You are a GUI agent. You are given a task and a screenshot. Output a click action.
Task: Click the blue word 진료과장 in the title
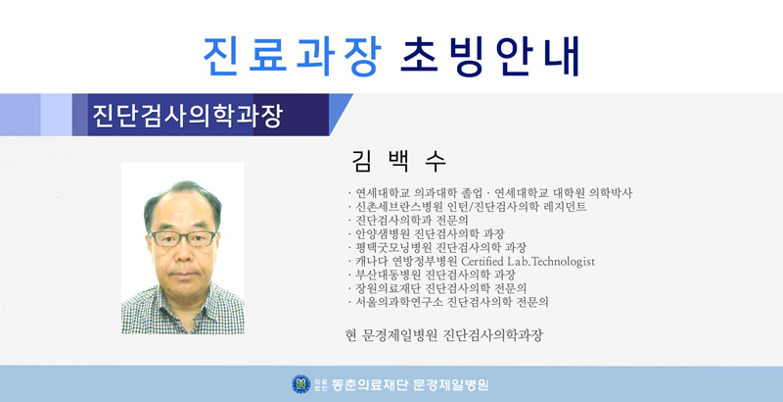pyautogui.click(x=293, y=56)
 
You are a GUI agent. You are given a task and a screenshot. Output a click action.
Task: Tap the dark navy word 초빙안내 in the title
pyautogui.click(x=491, y=56)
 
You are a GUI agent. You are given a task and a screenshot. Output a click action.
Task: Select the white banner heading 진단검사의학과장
pyautogui.click(x=188, y=116)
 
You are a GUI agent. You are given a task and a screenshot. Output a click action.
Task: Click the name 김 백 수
pyautogui.click(x=398, y=161)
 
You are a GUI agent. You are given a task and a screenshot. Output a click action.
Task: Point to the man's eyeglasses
pyautogui.click(x=183, y=238)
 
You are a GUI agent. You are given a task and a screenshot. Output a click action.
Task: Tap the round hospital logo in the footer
pyautogui.click(x=301, y=384)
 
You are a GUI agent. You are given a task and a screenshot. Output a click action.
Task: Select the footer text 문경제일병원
pyautogui.click(x=451, y=384)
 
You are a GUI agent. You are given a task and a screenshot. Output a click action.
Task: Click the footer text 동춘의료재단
pyautogui.click(x=370, y=384)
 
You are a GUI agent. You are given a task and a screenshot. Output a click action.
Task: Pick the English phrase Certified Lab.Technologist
pyautogui.click(x=528, y=262)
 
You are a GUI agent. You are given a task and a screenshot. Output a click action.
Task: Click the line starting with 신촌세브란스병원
pyautogui.click(x=468, y=207)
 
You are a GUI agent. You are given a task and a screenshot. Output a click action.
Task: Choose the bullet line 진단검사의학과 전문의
pyautogui.click(x=408, y=220)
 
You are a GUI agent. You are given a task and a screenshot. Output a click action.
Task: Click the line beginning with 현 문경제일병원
pyautogui.click(x=444, y=335)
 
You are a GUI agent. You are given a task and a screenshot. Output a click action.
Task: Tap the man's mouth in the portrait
pyautogui.click(x=183, y=275)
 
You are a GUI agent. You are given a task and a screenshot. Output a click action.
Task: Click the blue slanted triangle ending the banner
pyautogui.click(x=341, y=114)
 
